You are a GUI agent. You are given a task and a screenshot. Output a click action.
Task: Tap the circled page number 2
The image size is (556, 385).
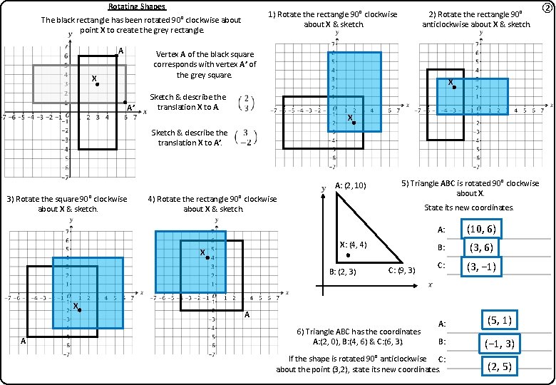(547, 8)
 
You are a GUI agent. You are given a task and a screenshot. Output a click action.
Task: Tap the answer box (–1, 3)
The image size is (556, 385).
(500, 344)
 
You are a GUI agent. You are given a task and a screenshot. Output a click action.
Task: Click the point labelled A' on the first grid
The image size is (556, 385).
(125, 102)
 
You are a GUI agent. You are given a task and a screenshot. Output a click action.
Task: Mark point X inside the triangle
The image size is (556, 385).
(348, 255)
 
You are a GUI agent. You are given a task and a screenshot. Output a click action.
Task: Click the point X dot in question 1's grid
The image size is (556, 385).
(354, 123)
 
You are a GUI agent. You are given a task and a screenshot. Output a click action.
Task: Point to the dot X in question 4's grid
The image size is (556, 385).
(207, 257)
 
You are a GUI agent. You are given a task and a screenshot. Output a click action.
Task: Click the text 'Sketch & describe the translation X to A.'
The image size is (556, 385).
(188, 101)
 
